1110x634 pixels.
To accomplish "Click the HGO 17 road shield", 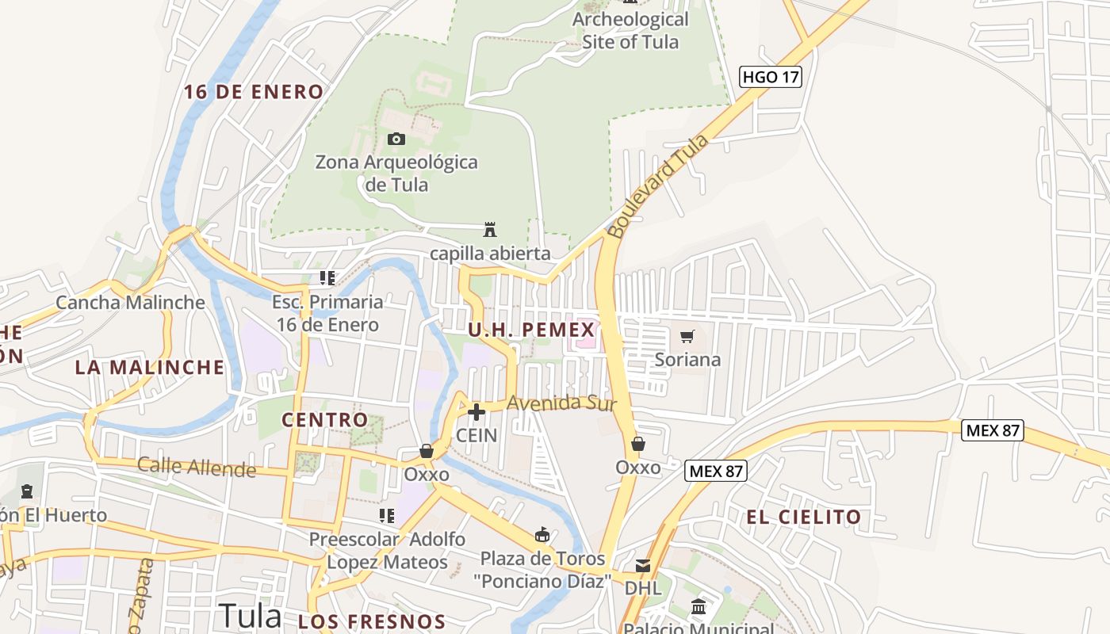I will pyautogui.click(x=771, y=77).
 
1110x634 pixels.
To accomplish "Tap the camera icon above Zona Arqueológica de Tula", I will pyautogui.click(x=396, y=139).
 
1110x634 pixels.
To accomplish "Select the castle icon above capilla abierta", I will pyautogui.click(x=490, y=230).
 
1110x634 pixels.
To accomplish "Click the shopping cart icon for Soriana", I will pyautogui.click(x=687, y=336).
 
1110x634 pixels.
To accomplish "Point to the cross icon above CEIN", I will pyautogui.click(x=477, y=412).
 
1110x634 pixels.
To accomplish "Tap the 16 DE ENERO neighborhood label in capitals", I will pyautogui.click(x=254, y=92).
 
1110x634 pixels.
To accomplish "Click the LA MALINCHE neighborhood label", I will pyautogui.click(x=150, y=368).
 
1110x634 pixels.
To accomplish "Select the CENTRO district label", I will pyautogui.click(x=325, y=420).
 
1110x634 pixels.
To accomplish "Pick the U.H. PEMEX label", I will pyautogui.click(x=531, y=330).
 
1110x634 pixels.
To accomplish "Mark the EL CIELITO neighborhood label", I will pyautogui.click(x=803, y=518).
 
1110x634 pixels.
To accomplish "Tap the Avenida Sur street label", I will pyautogui.click(x=561, y=403).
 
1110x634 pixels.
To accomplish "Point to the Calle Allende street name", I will pyautogui.click(x=197, y=467).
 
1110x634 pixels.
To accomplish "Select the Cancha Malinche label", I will pyautogui.click(x=130, y=303).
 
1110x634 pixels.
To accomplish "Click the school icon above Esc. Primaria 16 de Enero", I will pyautogui.click(x=327, y=278).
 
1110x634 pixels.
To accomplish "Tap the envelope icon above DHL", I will pyautogui.click(x=642, y=566).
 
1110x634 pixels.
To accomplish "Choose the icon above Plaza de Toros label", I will pyautogui.click(x=542, y=535).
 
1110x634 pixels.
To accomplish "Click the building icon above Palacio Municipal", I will pyautogui.click(x=699, y=607).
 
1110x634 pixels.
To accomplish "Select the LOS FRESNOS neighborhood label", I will pyautogui.click(x=372, y=621).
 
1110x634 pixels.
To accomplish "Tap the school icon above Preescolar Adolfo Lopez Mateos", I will pyautogui.click(x=387, y=517).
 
